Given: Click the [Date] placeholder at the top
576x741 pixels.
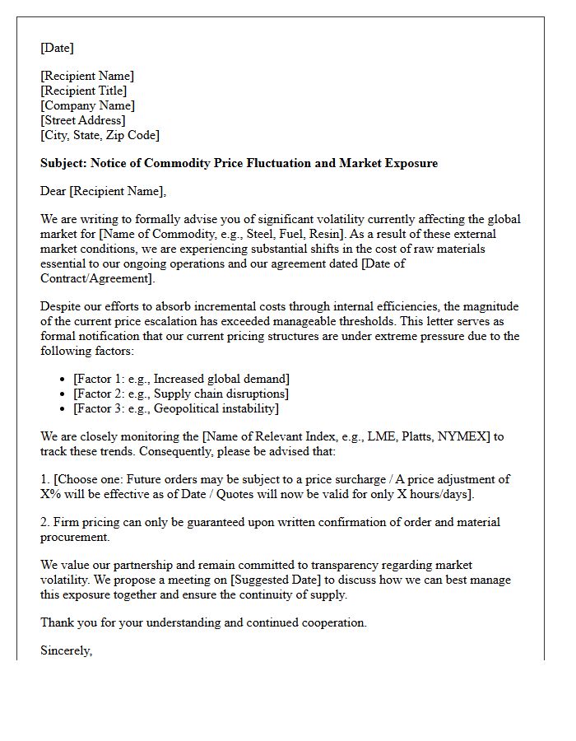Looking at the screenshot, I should [x=57, y=48].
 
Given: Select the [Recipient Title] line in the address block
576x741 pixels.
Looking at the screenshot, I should [x=84, y=91].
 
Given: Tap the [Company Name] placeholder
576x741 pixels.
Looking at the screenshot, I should [x=87, y=105].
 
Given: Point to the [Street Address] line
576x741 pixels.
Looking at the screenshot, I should [x=83, y=120].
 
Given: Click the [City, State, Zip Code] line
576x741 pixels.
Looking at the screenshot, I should [x=100, y=135].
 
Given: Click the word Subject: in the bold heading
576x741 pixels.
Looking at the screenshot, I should [x=63, y=163].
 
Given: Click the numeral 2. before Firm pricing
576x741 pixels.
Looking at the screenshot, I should [x=45, y=522].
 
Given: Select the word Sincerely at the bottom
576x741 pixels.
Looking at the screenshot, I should [x=66, y=650].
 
